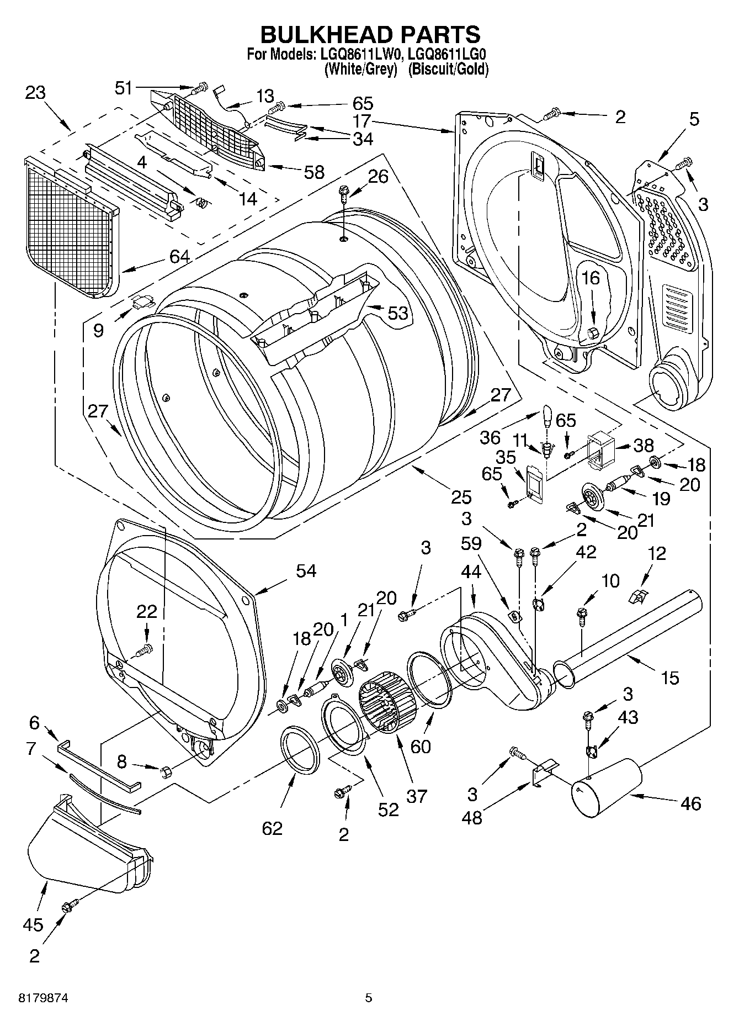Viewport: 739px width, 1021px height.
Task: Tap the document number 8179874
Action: point(44,998)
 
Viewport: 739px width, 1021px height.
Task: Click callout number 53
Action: point(397,313)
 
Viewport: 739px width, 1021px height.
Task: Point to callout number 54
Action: point(306,570)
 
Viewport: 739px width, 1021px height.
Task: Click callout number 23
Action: point(35,92)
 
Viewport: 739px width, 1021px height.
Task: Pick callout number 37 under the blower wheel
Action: point(417,796)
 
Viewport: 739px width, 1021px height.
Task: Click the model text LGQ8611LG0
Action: point(448,55)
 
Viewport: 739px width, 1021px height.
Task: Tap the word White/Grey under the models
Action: point(362,69)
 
